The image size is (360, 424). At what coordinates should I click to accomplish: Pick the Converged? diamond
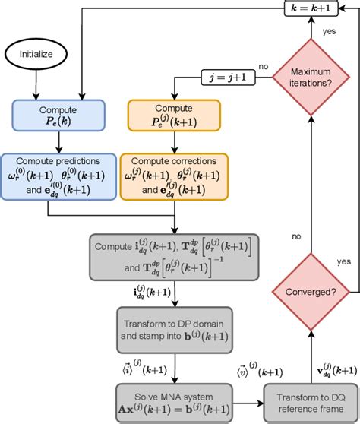pos(309,293)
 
